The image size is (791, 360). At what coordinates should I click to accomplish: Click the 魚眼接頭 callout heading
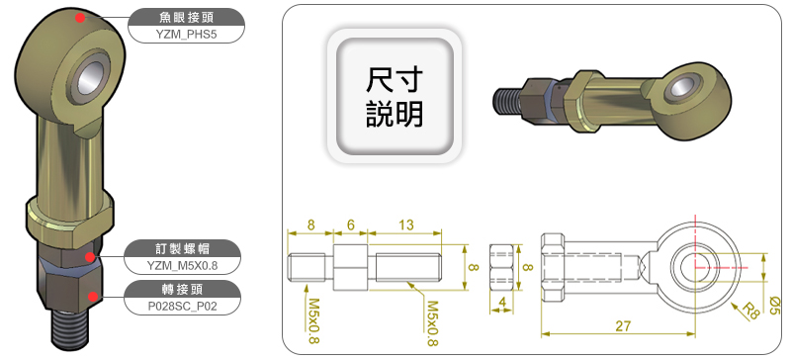pyautogui.click(x=186, y=18)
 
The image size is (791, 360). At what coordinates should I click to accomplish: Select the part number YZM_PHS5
pyautogui.click(x=186, y=35)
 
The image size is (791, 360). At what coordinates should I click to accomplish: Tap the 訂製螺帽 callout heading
pyautogui.click(x=182, y=249)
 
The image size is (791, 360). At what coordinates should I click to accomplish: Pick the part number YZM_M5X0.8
pyautogui.click(x=182, y=266)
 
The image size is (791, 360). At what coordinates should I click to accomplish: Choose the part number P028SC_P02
pyautogui.click(x=182, y=306)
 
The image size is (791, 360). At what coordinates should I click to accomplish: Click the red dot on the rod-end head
pyautogui.click(x=79, y=18)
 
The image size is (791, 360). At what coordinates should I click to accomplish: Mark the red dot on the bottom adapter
pyautogui.click(x=92, y=296)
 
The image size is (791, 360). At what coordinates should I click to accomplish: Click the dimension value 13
pyautogui.click(x=406, y=225)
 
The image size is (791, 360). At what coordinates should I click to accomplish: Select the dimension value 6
pyautogui.click(x=351, y=225)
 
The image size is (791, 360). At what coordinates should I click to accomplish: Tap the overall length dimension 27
pyautogui.click(x=624, y=326)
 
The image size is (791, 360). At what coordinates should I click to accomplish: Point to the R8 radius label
pyautogui.click(x=750, y=311)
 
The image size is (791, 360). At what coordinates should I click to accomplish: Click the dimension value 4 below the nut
pyautogui.click(x=502, y=302)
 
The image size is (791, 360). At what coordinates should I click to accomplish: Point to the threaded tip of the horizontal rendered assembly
pyautogui.click(x=505, y=101)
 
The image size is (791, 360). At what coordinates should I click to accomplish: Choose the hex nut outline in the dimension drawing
pyautogui.click(x=502, y=268)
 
